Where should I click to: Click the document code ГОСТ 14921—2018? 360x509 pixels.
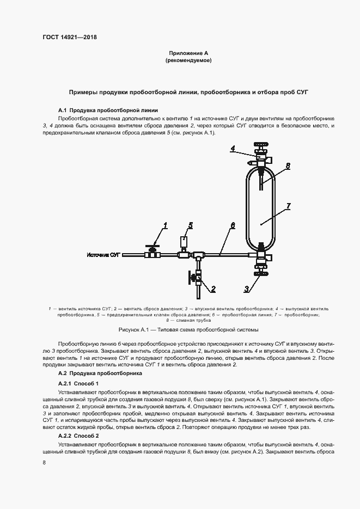click(69, 38)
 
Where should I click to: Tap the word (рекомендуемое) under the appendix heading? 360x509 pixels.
click(188, 60)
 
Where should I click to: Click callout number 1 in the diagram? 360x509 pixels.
click(166, 225)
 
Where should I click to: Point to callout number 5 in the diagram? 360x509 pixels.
click(190, 225)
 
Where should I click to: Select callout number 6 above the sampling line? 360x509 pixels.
click(232, 225)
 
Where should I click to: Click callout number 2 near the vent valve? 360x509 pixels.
click(213, 289)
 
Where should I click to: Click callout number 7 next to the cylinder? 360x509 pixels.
click(288, 206)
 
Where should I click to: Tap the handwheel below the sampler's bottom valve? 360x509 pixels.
click(261, 281)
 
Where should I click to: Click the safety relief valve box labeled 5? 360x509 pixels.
click(184, 240)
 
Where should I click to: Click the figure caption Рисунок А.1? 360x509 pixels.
click(188, 330)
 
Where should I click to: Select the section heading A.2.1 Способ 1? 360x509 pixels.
click(78, 384)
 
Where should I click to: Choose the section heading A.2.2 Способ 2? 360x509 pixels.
click(78, 437)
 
